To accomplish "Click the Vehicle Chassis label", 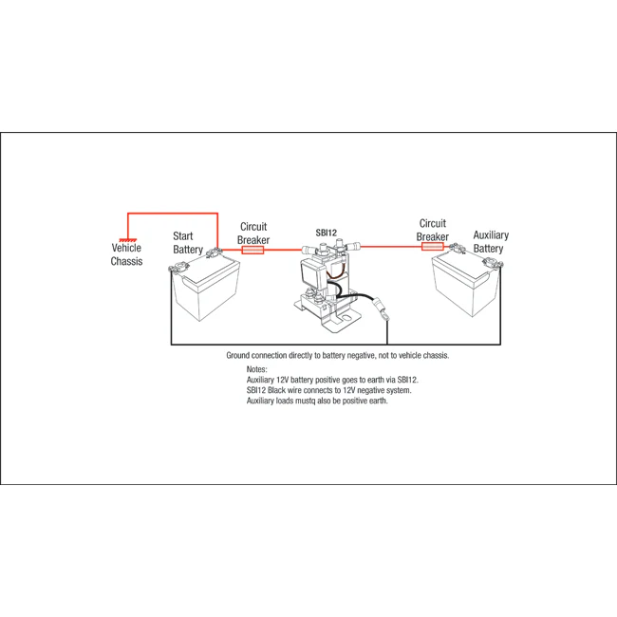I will click(126, 254).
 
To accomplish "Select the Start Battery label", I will click(188, 242).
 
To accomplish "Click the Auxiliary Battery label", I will click(490, 242).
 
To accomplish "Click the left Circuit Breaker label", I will click(253, 234).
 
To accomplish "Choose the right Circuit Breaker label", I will click(432, 231).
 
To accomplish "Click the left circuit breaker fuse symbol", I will click(254, 250).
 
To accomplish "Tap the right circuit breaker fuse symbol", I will click(432, 247).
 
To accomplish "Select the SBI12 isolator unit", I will click(323, 285).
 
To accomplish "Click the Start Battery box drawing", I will click(204, 290).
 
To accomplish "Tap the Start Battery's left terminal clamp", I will click(177, 269).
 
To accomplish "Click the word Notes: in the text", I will click(257, 368).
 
